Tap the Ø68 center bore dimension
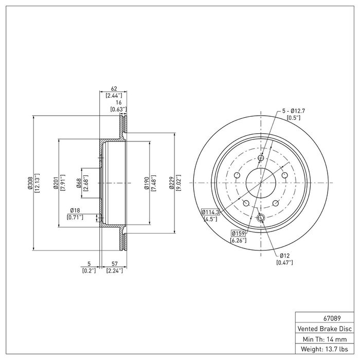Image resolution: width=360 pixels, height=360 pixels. [x=78, y=183]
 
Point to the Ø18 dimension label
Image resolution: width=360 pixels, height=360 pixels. [x=75, y=210]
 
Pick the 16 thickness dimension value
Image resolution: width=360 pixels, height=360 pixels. [x=118, y=102]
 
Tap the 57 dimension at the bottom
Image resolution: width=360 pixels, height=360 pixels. [x=114, y=264]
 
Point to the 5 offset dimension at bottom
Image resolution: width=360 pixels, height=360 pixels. [x=89, y=264]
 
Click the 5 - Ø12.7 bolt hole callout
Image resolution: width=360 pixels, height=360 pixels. [x=294, y=111]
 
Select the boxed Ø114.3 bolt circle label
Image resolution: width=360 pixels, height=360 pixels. [x=210, y=212]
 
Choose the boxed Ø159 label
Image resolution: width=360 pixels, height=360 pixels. [x=238, y=233]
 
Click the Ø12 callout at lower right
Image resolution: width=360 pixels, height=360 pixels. [x=285, y=256]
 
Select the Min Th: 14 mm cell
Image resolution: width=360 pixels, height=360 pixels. [x=326, y=339]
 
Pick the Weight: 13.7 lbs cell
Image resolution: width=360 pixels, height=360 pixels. [x=326, y=350]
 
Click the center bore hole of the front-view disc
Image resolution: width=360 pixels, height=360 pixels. [x=260, y=183]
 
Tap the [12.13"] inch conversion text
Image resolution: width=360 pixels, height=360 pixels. [x=37, y=183]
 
